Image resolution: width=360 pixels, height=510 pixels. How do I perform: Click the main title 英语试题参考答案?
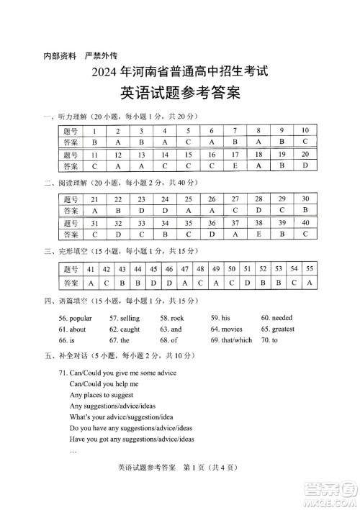click(x=179, y=94)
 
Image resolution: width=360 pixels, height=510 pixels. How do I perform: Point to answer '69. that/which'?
click(x=231, y=340)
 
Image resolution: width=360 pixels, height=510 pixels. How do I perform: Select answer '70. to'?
click(x=270, y=340)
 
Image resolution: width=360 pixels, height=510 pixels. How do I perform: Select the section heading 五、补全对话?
click(x=66, y=357)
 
